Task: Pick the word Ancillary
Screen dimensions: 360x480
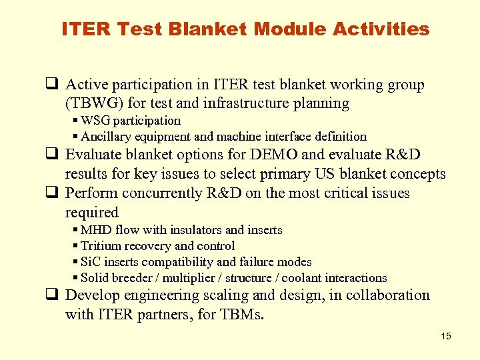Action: tap(107, 137)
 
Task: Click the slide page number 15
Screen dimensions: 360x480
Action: tap(446, 336)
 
